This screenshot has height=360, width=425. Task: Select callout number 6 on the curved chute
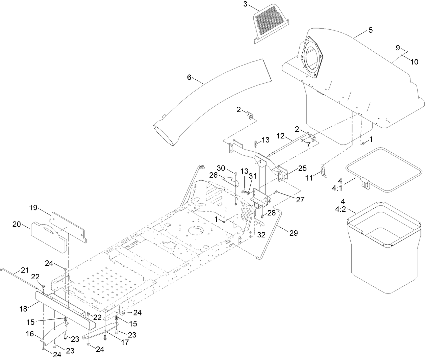point(189,77)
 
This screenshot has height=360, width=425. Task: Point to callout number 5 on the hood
point(371,30)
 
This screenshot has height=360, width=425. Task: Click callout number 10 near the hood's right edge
point(414,61)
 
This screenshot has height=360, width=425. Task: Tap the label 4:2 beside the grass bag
point(341,209)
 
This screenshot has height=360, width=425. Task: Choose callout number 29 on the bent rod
point(294,233)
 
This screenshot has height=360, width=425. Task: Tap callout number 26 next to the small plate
point(213,175)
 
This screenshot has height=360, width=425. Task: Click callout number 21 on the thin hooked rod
point(25,270)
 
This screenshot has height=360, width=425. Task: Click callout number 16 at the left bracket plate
point(30,334)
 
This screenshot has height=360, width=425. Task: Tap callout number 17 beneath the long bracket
point(125,342)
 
